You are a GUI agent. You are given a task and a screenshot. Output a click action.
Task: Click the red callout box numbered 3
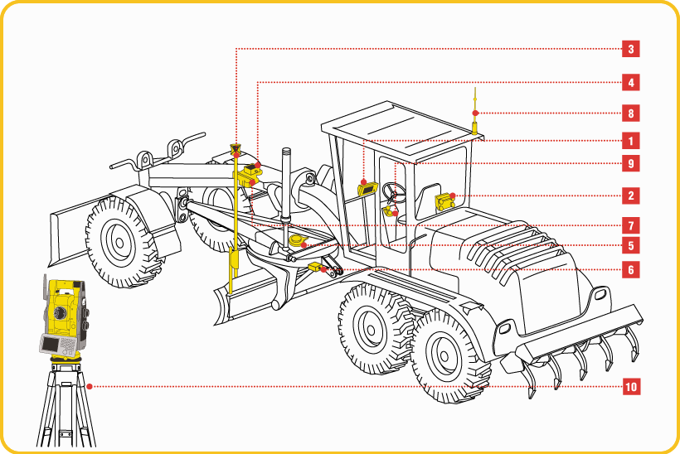630,49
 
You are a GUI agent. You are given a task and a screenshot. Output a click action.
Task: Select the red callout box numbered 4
630,82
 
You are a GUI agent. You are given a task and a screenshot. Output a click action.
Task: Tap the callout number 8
630,113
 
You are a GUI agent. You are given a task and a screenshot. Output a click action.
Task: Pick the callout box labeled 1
630,141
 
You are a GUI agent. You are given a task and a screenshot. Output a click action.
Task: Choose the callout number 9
630,164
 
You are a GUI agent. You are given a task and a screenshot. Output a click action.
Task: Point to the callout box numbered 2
630,196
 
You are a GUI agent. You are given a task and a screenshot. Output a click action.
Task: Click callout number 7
630,225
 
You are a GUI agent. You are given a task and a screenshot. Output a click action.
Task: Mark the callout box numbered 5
630,245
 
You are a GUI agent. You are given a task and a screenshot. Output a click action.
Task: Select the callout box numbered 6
630,270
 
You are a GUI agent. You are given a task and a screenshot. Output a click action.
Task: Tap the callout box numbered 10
631,386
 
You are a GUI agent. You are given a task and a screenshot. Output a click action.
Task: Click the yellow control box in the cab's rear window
444,202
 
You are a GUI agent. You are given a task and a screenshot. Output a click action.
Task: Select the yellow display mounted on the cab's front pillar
367,189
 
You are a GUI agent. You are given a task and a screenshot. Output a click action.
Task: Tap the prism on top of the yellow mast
235,150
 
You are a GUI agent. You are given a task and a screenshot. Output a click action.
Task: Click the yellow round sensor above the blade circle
297,240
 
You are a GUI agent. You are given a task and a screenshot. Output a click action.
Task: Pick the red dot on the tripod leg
90,386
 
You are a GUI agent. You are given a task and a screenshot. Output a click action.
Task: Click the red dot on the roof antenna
475,113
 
